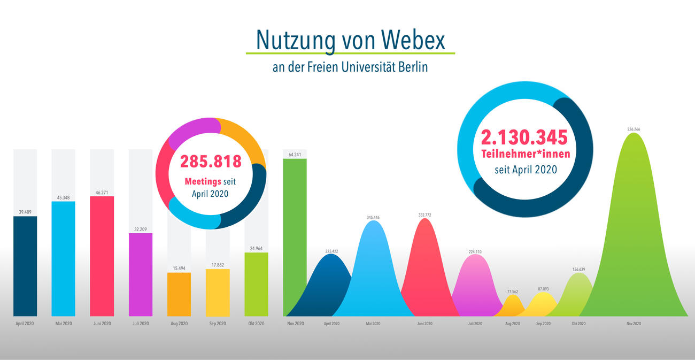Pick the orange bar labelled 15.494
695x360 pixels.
pyautogui.click(x=179, y=294)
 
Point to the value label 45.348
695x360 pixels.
pyautogui.click(x=64, y=198)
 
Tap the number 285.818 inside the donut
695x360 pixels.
pyautogui.click(x=211, y=162)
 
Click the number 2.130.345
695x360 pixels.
pyautogui.click(x=524, y=137)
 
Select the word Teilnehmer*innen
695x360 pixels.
pyautogui.click(x=526, y=154)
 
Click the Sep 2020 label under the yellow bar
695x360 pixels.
pyautogui.click(x=218, y=324)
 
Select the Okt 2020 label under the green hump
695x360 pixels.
pyautogui.click(x=578, y=324)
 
